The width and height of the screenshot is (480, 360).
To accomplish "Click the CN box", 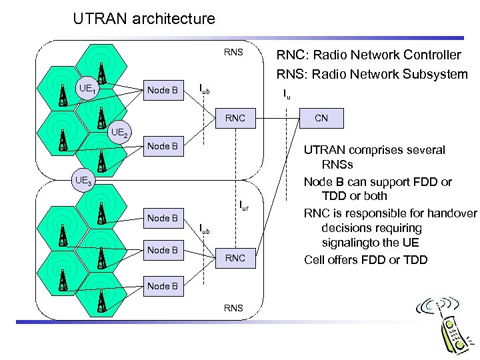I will [x=321, y=119].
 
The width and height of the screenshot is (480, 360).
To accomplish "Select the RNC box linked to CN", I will [x=235, y=119].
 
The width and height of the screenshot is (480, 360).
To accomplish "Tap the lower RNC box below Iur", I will [x=235, y=258].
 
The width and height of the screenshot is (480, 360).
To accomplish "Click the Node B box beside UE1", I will [x=162, y=90].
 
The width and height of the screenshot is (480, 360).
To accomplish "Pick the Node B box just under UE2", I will [x=162, y=146].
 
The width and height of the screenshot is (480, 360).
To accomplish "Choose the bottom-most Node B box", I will [x=162, y=286].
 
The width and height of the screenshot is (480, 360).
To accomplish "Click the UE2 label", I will [x=121, y=132].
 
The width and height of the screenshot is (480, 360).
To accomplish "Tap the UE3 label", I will [x=84, y=180].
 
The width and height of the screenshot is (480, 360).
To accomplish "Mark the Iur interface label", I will [x=243, y=206].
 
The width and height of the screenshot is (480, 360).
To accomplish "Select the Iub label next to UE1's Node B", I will [x=205, y=89].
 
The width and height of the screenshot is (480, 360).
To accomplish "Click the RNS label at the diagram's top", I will [x=233, y=52].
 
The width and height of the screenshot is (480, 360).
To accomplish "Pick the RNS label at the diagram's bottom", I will [x=233, y=308].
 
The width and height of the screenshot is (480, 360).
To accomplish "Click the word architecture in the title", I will [x=173, y=19].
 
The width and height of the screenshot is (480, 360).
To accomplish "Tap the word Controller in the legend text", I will [x=427, y=55].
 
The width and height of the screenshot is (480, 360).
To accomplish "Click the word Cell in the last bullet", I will [x=315, y=259].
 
